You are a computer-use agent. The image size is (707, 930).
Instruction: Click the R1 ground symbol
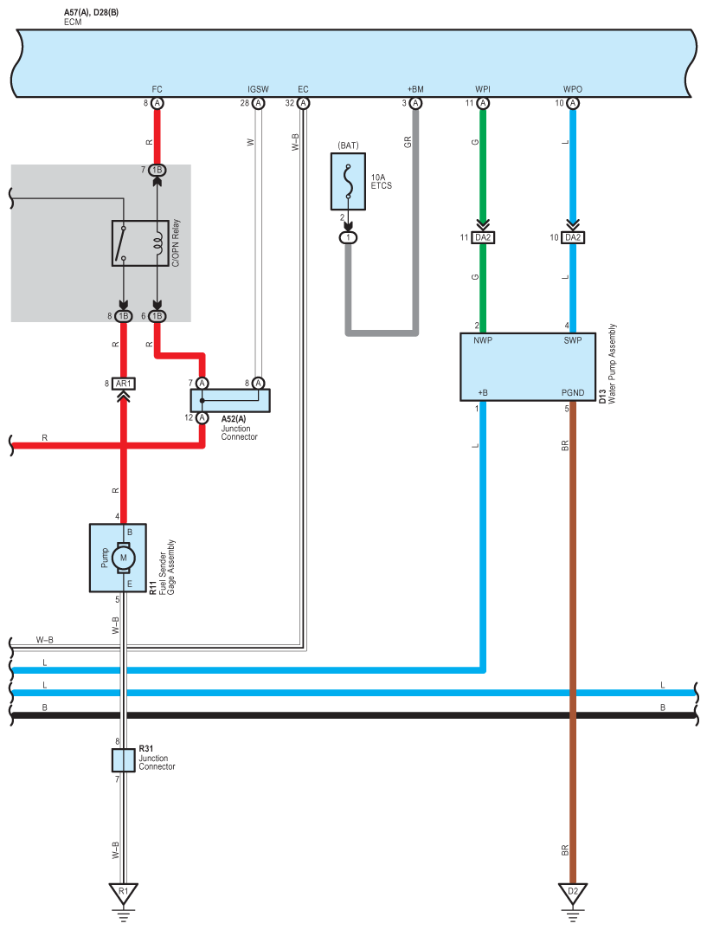123,895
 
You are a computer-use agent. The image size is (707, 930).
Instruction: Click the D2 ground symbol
573,895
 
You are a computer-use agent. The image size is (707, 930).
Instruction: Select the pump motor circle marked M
124,558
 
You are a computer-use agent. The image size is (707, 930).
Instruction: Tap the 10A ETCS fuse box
348,182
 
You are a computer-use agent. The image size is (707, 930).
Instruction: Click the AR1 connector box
123,384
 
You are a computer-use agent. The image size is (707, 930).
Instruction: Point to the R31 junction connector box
123,759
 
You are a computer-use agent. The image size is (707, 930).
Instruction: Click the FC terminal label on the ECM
157,89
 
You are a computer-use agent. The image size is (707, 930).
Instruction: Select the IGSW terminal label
259,89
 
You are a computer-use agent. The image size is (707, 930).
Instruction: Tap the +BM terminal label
415,89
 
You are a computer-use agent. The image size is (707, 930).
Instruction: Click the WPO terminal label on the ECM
573,89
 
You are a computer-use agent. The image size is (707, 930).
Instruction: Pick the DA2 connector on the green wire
483,237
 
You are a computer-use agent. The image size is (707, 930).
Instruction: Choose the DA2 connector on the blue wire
573,237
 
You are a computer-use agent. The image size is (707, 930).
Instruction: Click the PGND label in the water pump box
573,392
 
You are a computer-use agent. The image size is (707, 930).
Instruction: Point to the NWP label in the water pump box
483,340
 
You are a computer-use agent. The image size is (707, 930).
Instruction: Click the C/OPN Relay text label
176,243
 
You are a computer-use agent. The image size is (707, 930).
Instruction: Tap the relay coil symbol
157,242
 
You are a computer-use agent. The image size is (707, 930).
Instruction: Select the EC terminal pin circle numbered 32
304,103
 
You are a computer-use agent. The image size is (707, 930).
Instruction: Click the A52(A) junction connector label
234,419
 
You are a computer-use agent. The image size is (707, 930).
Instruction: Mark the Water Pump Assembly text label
612,364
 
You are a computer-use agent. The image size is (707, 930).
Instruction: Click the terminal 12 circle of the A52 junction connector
202,417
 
